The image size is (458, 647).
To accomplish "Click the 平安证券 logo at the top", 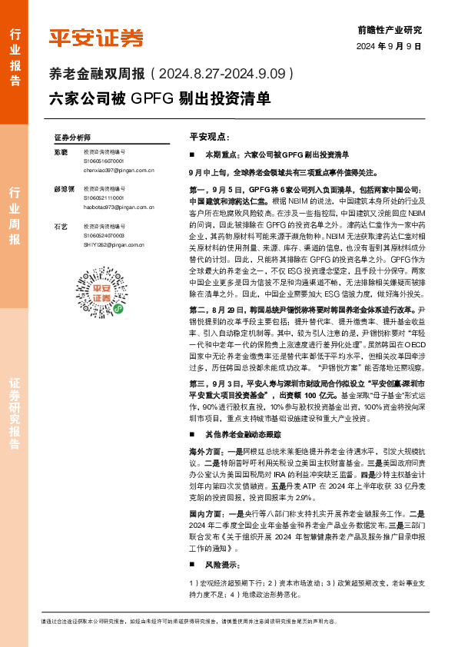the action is pyautogui.click(x=96, y=38).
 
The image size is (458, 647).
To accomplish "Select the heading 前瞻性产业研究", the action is pyautogui.click(x=390, y=30).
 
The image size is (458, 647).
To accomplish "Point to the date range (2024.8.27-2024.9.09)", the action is pyautogui.click(x=224, y=75).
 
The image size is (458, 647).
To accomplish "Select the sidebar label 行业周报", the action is pyautogui.click(x=14, y=214).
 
